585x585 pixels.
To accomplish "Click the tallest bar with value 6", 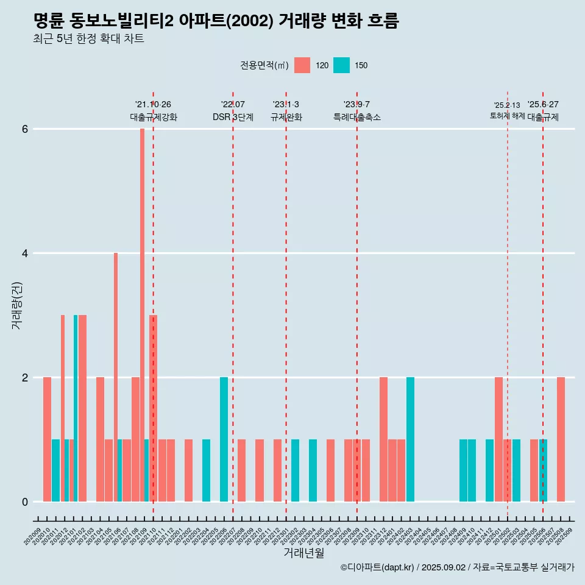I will coord(142,314).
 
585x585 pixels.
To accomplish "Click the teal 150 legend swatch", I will coord(341,65).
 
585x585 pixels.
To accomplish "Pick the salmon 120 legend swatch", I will coord(302,65).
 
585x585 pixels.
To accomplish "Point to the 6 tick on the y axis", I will coord(25,129).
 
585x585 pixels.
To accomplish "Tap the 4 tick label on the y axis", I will coord(25,253).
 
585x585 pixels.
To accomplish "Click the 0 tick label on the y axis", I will coord(25,502).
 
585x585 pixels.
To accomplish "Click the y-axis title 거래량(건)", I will coord(16,305).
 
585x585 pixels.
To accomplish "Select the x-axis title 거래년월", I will coord(303,553).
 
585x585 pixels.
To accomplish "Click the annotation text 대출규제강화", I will coord(154,117).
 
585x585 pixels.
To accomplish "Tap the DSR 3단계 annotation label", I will coord(233,117).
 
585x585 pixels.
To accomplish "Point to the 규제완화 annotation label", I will coord(286,117).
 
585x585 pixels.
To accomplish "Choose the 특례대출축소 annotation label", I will coord(357,117).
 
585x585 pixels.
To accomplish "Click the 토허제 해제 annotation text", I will coord(507,115).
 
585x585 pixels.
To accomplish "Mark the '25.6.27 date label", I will coord(543,104).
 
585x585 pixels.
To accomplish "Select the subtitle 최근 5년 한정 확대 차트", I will coord(89,39).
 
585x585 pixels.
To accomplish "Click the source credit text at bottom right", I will coord(457,567).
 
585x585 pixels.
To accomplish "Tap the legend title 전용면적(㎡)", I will coord(264,65).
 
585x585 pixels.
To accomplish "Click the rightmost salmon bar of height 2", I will coord(561,439).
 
